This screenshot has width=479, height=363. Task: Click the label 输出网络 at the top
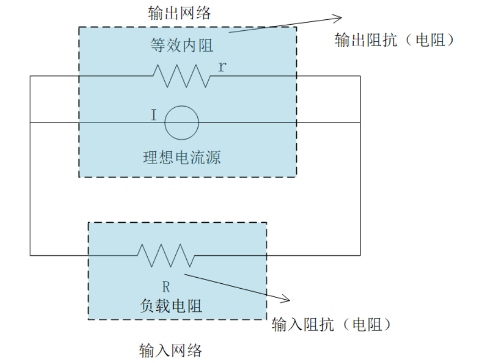tap(180, 13)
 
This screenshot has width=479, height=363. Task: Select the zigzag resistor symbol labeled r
tap(182, 76)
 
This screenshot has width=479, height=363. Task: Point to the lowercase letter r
tap(221, 67)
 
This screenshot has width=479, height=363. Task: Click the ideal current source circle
tap(182, 123)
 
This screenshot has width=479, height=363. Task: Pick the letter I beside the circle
tap(154, 115)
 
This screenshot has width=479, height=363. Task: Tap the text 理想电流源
tap(182, 158)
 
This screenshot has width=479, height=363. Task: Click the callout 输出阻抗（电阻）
tap(396, 40)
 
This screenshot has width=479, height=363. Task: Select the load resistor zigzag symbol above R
tap(166, 255)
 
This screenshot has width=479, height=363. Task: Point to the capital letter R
tap(166, 286)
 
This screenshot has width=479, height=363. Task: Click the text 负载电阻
tap(171, 305)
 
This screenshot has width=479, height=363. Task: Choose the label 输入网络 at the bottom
tap(171, 350)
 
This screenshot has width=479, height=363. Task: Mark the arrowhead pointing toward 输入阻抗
tap(286, 299)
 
